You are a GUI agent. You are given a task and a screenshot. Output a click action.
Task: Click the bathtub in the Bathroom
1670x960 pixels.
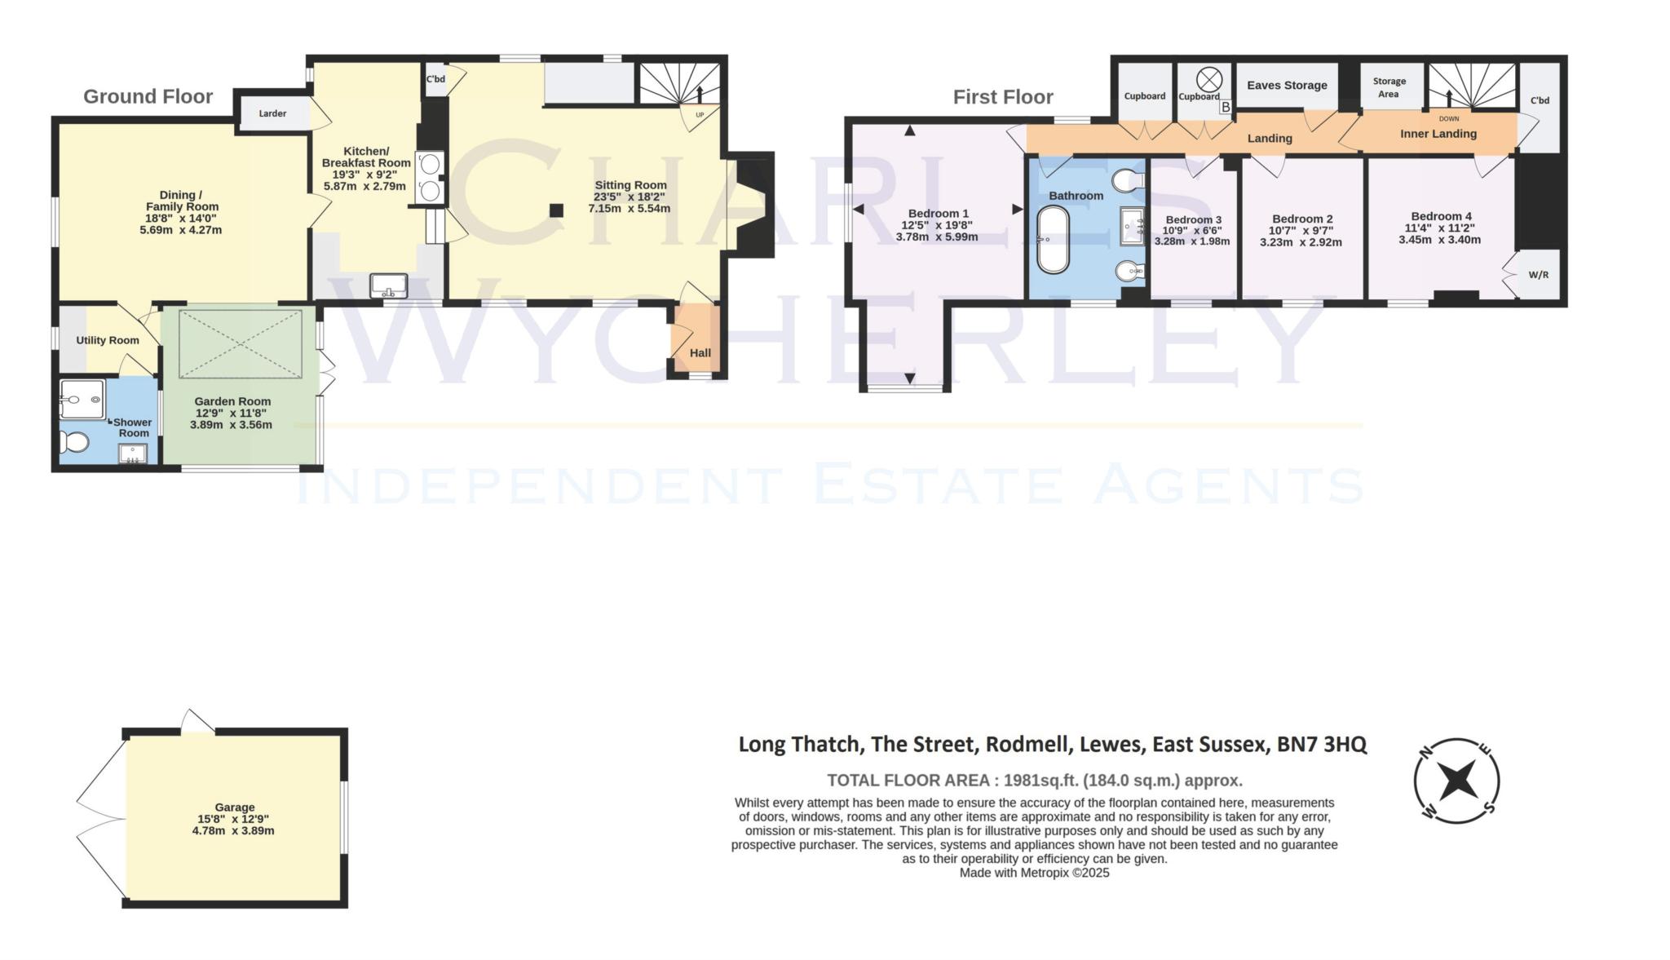pos(1053,240)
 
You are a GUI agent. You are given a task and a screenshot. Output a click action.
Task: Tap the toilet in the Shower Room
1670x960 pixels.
pos(73,441)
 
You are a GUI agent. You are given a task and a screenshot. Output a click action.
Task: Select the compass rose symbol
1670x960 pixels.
pos(1456,781)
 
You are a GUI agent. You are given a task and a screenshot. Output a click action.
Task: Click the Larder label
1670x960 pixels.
pos(272,113)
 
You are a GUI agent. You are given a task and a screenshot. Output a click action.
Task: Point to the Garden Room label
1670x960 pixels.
pos(232,401)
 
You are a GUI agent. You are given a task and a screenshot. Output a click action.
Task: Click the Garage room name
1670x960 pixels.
pos(235,807)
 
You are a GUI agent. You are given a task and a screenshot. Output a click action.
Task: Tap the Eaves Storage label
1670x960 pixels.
pos(1287,85)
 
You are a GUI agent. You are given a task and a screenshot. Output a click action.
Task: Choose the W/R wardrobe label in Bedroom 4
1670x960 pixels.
pos(1538,275)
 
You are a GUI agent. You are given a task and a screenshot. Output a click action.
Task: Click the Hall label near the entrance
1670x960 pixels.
pos(700,353)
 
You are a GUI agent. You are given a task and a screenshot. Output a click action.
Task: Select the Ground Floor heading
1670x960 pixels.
pos(148,96)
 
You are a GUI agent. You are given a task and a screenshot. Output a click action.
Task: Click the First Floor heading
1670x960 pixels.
pos(1003,97)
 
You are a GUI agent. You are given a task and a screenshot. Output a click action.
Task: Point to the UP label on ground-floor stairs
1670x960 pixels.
pos(700,115)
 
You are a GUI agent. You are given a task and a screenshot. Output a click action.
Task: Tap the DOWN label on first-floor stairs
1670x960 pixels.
pos(1449,119)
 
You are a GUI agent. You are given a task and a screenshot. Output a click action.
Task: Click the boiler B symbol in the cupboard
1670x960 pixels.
pos(1225,107)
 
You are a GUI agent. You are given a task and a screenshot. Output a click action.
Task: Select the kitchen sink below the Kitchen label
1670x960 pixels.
pos(389,285)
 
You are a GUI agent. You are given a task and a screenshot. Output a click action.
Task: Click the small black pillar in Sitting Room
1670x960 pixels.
pos(556,210)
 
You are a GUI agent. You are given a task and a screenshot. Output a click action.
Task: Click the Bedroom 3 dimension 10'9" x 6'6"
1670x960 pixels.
pos(1193,231)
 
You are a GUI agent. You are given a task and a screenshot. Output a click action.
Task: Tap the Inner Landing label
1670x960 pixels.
pos(1438,134)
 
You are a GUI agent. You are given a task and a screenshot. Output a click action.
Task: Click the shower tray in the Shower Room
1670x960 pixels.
pos(82,399)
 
